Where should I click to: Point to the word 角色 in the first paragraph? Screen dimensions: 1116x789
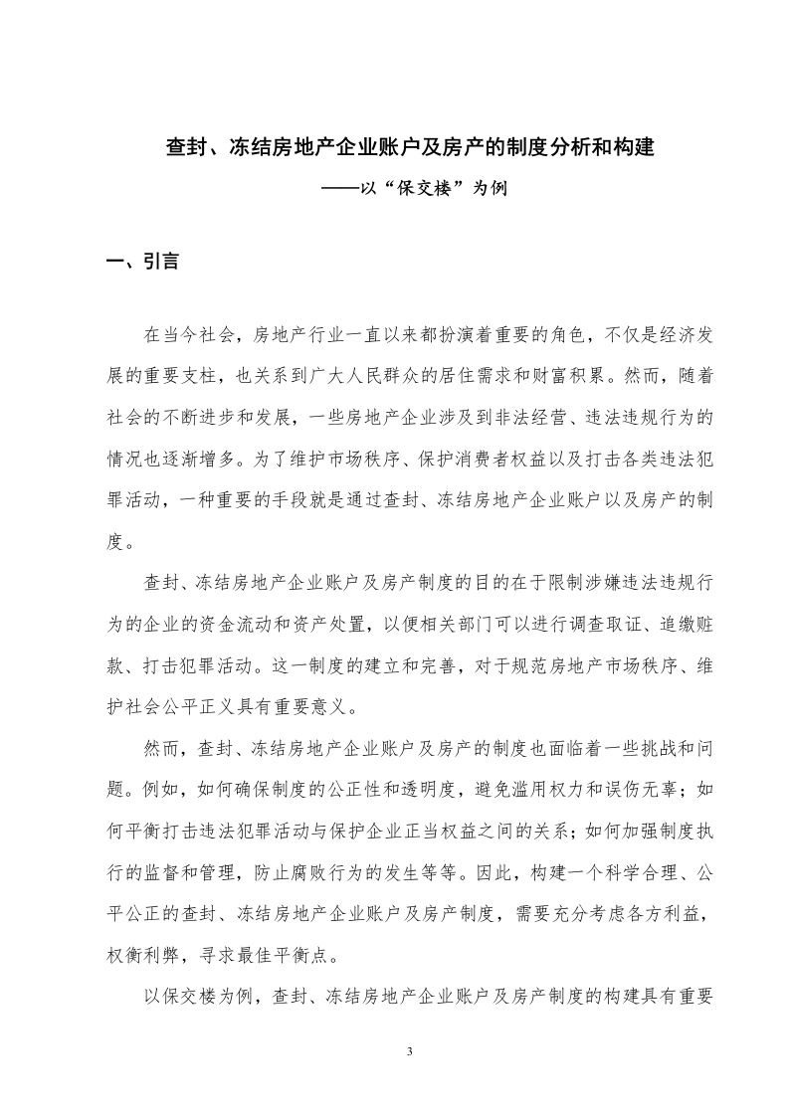(566, 334)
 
